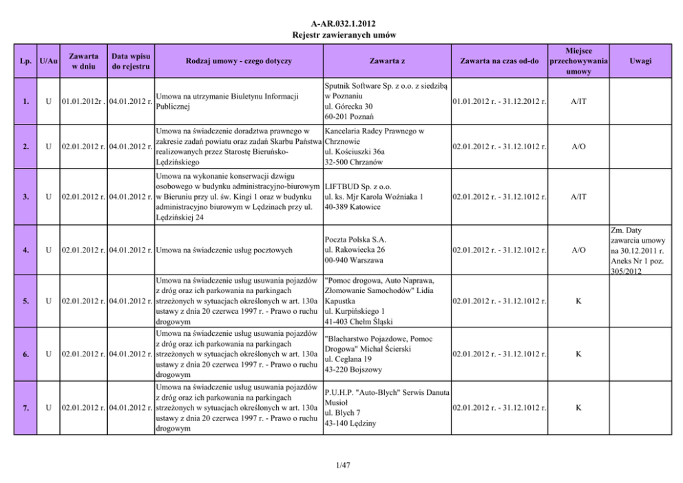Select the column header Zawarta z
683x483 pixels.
click(x=386, y=61)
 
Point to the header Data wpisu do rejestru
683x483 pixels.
click(x=130, y=61)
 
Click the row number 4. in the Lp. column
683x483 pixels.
click(x=25, y=250)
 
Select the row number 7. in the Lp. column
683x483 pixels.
click(x=25, y=409)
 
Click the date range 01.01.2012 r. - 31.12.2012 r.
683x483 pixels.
click(x=499, y=101)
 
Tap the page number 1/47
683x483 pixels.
click(x=341, y=466)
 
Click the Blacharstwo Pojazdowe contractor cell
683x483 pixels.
click(x=388, y=354)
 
